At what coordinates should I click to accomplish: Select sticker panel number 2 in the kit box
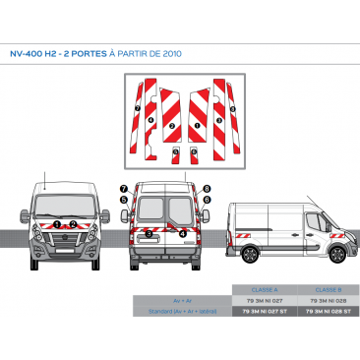coord(171,126)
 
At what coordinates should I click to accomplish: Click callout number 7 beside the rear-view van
coord(124,187)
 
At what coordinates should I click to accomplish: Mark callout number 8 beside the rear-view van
coord(208,187)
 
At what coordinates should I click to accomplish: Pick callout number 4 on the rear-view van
coord(182,233)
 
